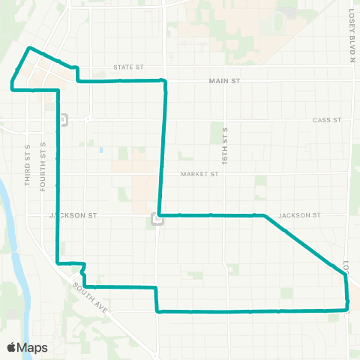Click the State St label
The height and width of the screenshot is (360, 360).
[128, 67]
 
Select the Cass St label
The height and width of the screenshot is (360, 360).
[326, 120]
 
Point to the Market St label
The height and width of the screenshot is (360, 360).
[199, 174]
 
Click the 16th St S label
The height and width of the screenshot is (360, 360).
[224, 144]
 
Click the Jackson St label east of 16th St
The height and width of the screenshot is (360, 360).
[299, 215]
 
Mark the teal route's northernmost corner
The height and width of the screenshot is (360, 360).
[29, 48]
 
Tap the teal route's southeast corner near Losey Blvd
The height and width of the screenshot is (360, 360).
[347, 308]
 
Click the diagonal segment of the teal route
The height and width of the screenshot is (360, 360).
[300, 241]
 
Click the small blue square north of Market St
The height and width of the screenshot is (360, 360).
[100, 150]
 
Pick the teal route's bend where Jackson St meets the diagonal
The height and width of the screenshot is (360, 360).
[264, 216]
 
